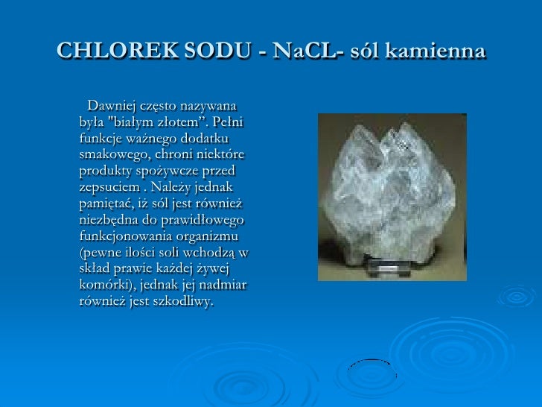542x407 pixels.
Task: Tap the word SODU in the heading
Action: coord(211,51)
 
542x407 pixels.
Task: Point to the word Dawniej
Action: coord(113,104)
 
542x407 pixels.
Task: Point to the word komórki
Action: coord(105,285)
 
